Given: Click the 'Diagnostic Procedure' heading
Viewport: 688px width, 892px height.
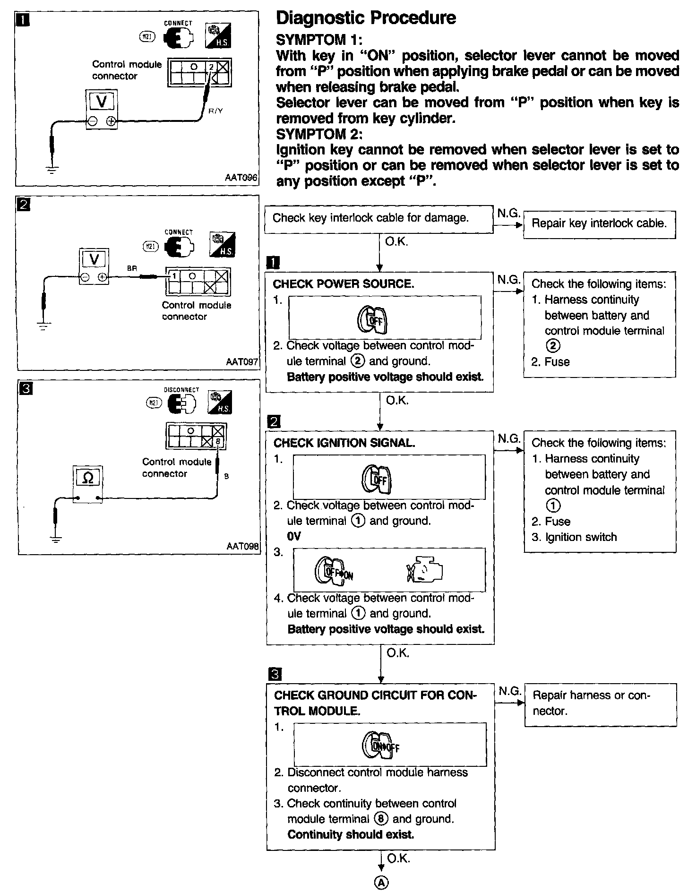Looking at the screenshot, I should tap(366, 18).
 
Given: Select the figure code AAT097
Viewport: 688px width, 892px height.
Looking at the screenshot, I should tap(241, 362).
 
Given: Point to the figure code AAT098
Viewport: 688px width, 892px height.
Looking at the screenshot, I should tap(242, 546).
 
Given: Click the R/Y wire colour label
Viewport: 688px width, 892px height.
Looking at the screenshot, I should tap(215, 111).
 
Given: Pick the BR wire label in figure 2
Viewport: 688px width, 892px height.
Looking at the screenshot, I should tap(132, 268).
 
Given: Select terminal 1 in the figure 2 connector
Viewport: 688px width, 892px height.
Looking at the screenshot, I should tap(173, 275).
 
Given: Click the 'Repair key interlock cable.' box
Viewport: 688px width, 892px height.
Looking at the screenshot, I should tap(599, 223).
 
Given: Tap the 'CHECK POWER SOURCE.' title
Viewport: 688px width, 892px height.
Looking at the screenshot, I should tap(343, 283).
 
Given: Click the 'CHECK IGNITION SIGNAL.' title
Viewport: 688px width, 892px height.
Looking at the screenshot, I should tap(344, 443).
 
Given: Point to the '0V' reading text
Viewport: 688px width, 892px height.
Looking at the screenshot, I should tap(294, 536).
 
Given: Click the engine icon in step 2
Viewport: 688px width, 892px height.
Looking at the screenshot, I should tap(425, 570).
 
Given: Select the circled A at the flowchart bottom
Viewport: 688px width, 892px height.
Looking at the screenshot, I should tap(381, 883).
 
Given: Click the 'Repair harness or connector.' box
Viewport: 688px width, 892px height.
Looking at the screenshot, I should tap(600, 703).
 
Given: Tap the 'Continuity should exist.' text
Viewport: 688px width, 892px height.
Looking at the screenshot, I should tap(351, 834).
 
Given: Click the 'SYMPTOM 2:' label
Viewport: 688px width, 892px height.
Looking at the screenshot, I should tap(319, 134).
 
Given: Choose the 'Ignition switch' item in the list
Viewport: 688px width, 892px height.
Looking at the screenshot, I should tap(581, 537).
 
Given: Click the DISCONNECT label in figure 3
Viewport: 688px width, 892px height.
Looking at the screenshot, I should tap(181, 390).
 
